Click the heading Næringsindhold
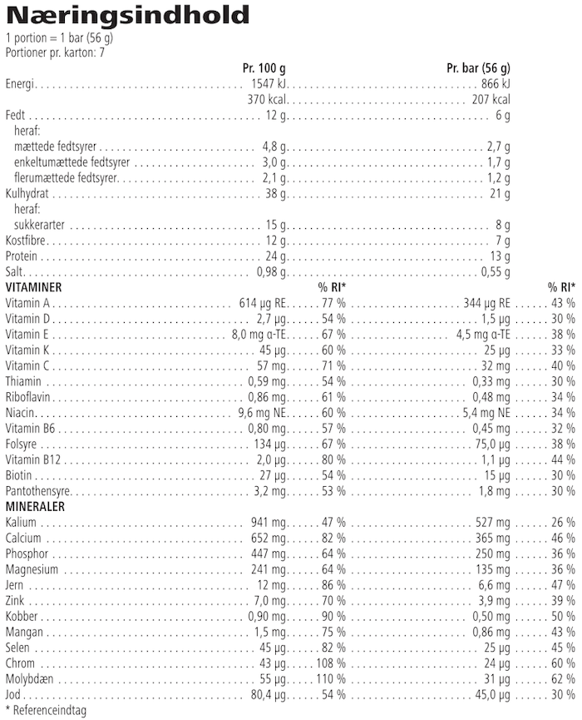[x=126, y=16]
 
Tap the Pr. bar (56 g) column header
[x=478, y=68]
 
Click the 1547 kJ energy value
[x=269, y=84]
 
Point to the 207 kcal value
[x=491, y=100]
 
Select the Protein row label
[x=22, y=256]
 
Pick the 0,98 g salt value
[x=271, y=272]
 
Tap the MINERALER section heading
[x=35, y=506]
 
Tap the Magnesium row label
[x=32, y=569]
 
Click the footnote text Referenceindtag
[x=48, y=710]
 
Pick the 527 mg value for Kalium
[x=491, y=523]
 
